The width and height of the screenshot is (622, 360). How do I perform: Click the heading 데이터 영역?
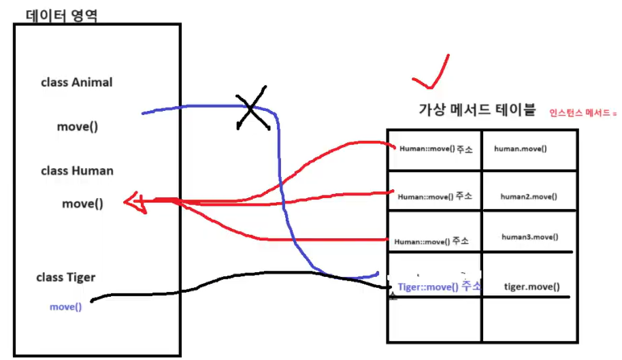61,14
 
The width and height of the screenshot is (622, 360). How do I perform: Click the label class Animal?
77,82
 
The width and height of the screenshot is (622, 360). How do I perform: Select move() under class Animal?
77,127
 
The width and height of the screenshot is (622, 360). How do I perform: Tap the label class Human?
77,171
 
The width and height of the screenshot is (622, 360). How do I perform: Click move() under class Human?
82,203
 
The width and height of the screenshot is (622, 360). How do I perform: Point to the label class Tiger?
66,277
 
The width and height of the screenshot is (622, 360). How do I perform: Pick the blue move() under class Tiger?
65,307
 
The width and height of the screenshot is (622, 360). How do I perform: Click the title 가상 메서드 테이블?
477,110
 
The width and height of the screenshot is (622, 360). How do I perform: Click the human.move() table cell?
521,148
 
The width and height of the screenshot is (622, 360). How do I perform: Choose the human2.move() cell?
529,197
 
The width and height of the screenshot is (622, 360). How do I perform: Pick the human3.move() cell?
529,237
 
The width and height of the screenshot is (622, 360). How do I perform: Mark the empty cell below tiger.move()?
529,320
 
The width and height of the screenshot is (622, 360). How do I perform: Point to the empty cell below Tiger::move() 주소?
435,320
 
